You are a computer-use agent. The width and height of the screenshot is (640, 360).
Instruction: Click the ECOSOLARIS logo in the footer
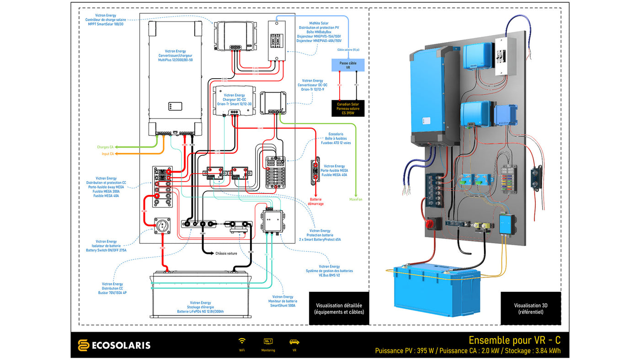click(114, 345)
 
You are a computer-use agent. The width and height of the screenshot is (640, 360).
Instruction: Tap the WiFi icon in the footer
click(242, 341)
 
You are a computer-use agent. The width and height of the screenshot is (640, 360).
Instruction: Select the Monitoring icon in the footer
click(268, 341)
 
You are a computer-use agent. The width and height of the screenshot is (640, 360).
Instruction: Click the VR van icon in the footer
click(294, 342)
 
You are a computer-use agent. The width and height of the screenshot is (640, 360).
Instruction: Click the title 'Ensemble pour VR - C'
click(514, 340)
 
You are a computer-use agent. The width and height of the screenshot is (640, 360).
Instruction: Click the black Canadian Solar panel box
click(348, 108)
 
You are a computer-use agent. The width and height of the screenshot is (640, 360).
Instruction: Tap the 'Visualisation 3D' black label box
click(530, 308)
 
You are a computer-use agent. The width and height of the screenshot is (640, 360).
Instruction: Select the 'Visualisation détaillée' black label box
click(339, 308)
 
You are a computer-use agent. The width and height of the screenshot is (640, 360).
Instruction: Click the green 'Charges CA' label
click(105, 147)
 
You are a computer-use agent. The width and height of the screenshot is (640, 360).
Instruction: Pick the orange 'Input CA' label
click(108, 154)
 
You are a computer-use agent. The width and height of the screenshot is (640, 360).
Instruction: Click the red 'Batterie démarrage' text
click(316, 201)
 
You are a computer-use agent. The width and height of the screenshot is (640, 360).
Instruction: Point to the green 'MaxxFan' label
click(356, 199)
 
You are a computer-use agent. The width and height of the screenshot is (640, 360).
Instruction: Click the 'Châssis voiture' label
click(226, 253)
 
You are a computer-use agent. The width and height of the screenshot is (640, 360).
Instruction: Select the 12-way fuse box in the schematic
click(276, 172)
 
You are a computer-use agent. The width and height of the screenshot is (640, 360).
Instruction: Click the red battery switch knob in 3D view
click(431, 224)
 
